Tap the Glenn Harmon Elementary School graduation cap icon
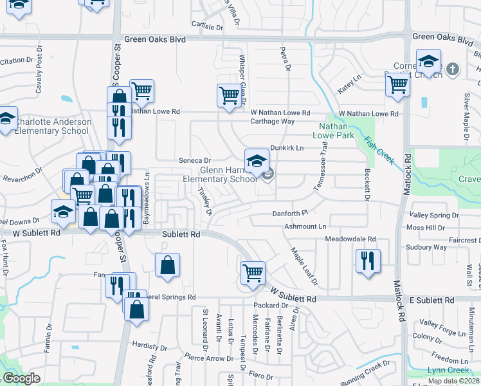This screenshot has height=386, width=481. (x=257, y=161)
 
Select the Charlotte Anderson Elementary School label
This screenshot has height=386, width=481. (x=51, y=126)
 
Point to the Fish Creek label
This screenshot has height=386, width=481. (x=379, y=150)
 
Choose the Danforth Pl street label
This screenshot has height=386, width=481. (x=291, y=212)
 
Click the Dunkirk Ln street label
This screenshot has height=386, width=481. (x=286, y=147)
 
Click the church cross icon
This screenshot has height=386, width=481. (x=453, y=68)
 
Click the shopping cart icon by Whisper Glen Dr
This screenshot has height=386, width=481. (x=229, y=96)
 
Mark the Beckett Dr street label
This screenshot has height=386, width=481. (x=368, y=184)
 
